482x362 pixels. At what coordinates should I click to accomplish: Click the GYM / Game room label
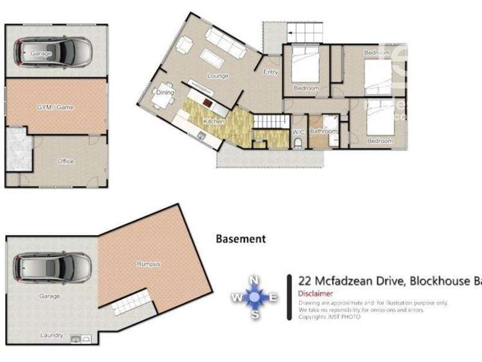coord(56,108)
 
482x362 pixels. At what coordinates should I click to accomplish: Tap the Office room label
coord(66,161)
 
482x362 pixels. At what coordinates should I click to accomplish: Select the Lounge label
coord(218,76)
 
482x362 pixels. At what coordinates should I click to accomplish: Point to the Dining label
coord(165,93)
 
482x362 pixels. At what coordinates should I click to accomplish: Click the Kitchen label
coord(213,121)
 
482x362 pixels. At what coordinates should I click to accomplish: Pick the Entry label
coord(270,72)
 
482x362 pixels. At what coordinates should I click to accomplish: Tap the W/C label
coord(298,132)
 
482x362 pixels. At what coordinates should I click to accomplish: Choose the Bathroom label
coord(323,131)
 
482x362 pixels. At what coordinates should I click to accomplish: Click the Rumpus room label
coord(147,263)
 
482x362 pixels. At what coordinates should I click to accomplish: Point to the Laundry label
coord(51,335)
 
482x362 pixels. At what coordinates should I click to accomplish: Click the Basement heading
coord(240,239)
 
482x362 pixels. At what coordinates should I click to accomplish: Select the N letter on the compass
coord(254,280)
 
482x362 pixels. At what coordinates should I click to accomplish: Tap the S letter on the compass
coord(255,314)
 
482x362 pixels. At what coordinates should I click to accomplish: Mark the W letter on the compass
coord(237,298)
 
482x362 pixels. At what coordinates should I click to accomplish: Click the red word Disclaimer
coord(315,293)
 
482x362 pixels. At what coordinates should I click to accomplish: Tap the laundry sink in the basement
coord(76,338)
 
